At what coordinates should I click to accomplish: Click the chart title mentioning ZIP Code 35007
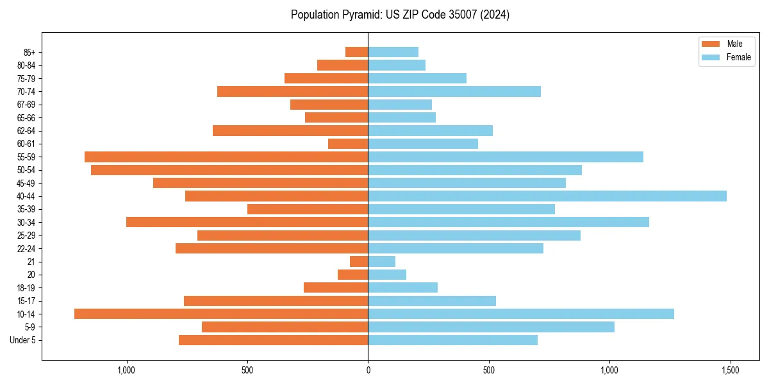click(400, 15)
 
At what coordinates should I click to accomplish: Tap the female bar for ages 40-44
click(547, 196)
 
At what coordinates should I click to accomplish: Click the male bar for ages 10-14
click(221, 314)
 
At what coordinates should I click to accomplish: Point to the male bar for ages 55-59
click(226, 157)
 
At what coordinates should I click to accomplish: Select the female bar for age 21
click(381, 262)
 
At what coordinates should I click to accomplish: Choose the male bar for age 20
click(352, 275)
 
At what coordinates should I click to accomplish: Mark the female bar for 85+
click(393, 52)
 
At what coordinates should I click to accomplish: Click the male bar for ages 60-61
click(348, 144)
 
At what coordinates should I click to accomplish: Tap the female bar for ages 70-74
click(454, 91)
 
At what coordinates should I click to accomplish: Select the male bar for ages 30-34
click(247, 222)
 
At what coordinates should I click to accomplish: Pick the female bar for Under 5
click(452, 340)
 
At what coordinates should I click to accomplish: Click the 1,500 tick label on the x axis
click(730, 370)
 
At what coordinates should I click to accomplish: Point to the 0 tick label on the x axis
click(368, 370)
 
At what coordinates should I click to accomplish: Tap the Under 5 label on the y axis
click(22, 340)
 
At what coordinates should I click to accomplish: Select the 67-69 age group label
click(26, 105)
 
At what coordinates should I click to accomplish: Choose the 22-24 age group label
click(26, 248)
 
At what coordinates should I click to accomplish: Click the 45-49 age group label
click(26, 183)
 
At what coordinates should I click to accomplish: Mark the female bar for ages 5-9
click(491, 327)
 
